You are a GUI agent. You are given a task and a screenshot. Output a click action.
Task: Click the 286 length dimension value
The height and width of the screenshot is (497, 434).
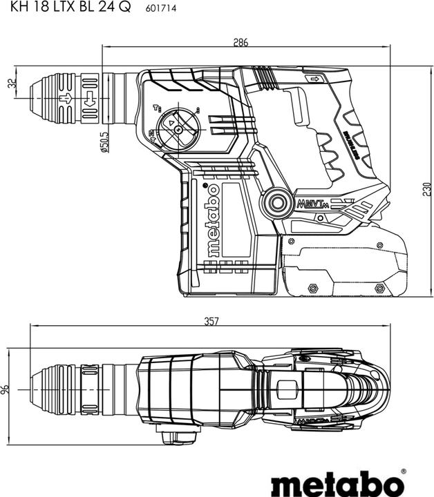point(240,42)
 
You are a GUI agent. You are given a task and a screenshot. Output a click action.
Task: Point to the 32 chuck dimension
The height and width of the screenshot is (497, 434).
point(10,83)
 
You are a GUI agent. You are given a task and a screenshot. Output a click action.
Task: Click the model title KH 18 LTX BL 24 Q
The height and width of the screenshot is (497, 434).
point(66,8)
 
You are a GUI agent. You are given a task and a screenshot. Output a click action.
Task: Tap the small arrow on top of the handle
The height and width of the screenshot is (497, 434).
point(317,81)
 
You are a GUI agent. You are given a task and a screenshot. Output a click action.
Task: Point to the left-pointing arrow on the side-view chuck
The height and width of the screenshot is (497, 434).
point(88,106)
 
